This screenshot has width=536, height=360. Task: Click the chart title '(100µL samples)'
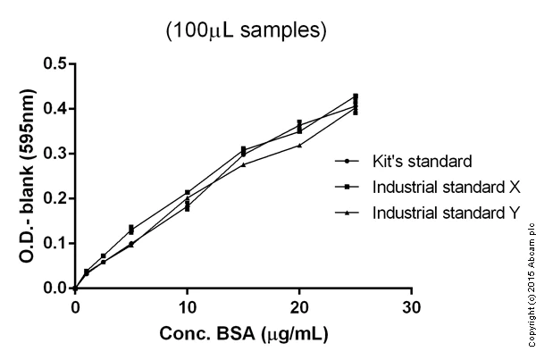[244, 30]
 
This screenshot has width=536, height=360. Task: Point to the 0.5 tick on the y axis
[55, 63]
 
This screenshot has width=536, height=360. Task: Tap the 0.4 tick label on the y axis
[55, 109]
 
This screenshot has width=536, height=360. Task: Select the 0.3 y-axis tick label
[55, 154]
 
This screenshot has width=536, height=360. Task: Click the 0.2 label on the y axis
[55, 198]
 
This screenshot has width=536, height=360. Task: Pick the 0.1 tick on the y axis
[55, 243]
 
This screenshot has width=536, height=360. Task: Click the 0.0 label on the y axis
[55, 289]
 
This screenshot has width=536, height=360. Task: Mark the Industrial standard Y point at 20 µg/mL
[299, 145]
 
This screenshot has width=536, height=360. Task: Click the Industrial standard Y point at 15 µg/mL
[243, 164]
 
